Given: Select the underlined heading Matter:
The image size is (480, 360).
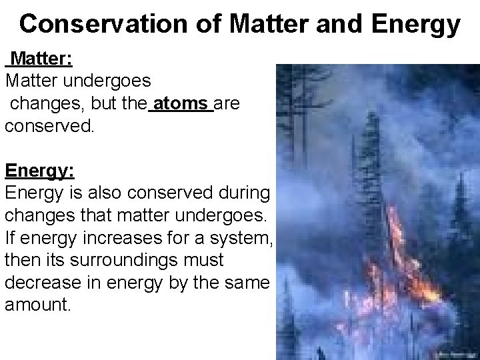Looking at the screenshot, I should coord(42,60).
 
